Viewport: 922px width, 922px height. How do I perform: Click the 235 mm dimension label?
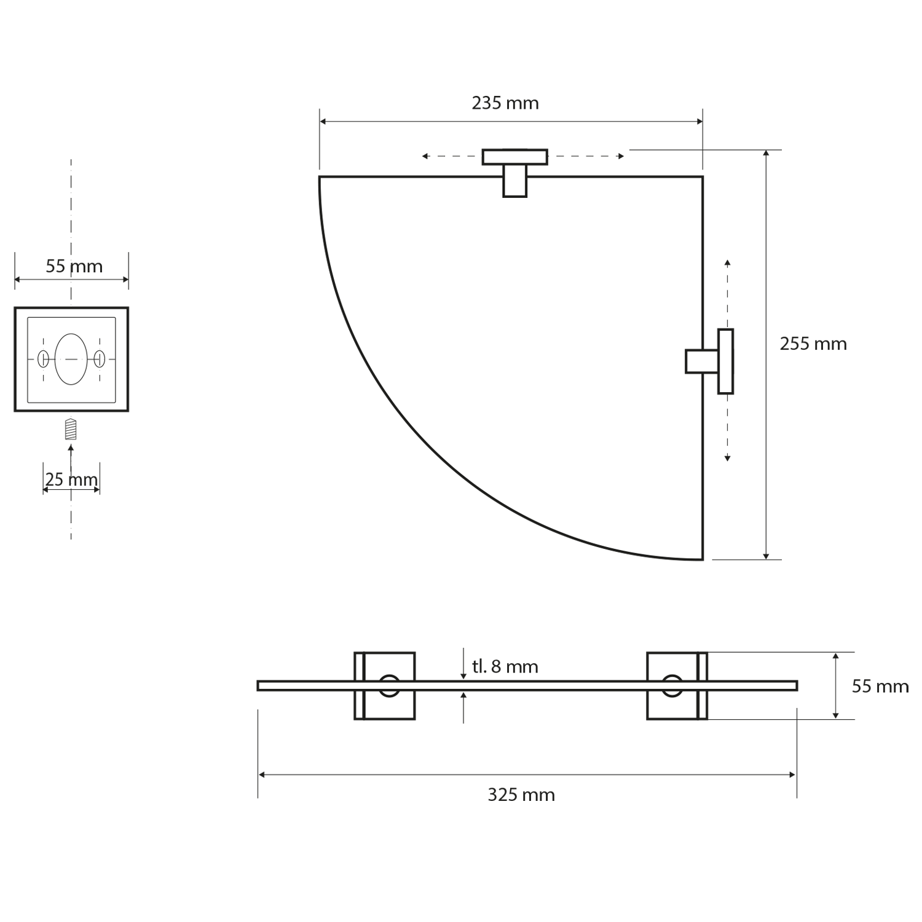[505, 103]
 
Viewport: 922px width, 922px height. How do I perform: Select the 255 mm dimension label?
[813, 344]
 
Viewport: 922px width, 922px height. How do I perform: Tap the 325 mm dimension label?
[521, 795]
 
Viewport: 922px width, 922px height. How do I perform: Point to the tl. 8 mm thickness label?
[505, 666]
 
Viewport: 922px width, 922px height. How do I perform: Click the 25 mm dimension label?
[71, 479]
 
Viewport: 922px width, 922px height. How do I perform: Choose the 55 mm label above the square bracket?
[74, 266]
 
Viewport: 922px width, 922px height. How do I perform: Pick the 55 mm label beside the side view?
[880, 686]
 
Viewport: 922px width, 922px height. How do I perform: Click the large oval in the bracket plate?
[71, 359]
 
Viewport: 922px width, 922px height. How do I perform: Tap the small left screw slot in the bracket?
[43, 359]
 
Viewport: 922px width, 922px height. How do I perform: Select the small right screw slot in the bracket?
[100, 359]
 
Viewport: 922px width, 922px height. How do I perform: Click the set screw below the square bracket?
[71, 429]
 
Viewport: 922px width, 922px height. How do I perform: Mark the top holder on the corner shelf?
[515, 173]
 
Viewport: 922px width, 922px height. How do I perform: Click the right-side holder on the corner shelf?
[709, 361]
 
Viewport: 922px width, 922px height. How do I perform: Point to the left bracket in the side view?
[385, 685]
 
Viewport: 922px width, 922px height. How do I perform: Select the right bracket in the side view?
[677, 685]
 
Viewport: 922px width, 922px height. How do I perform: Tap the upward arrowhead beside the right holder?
[727, 263]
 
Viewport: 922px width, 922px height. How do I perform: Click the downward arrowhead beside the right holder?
[727, 457]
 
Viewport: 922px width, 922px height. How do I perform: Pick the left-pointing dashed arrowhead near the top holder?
[425, 156]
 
